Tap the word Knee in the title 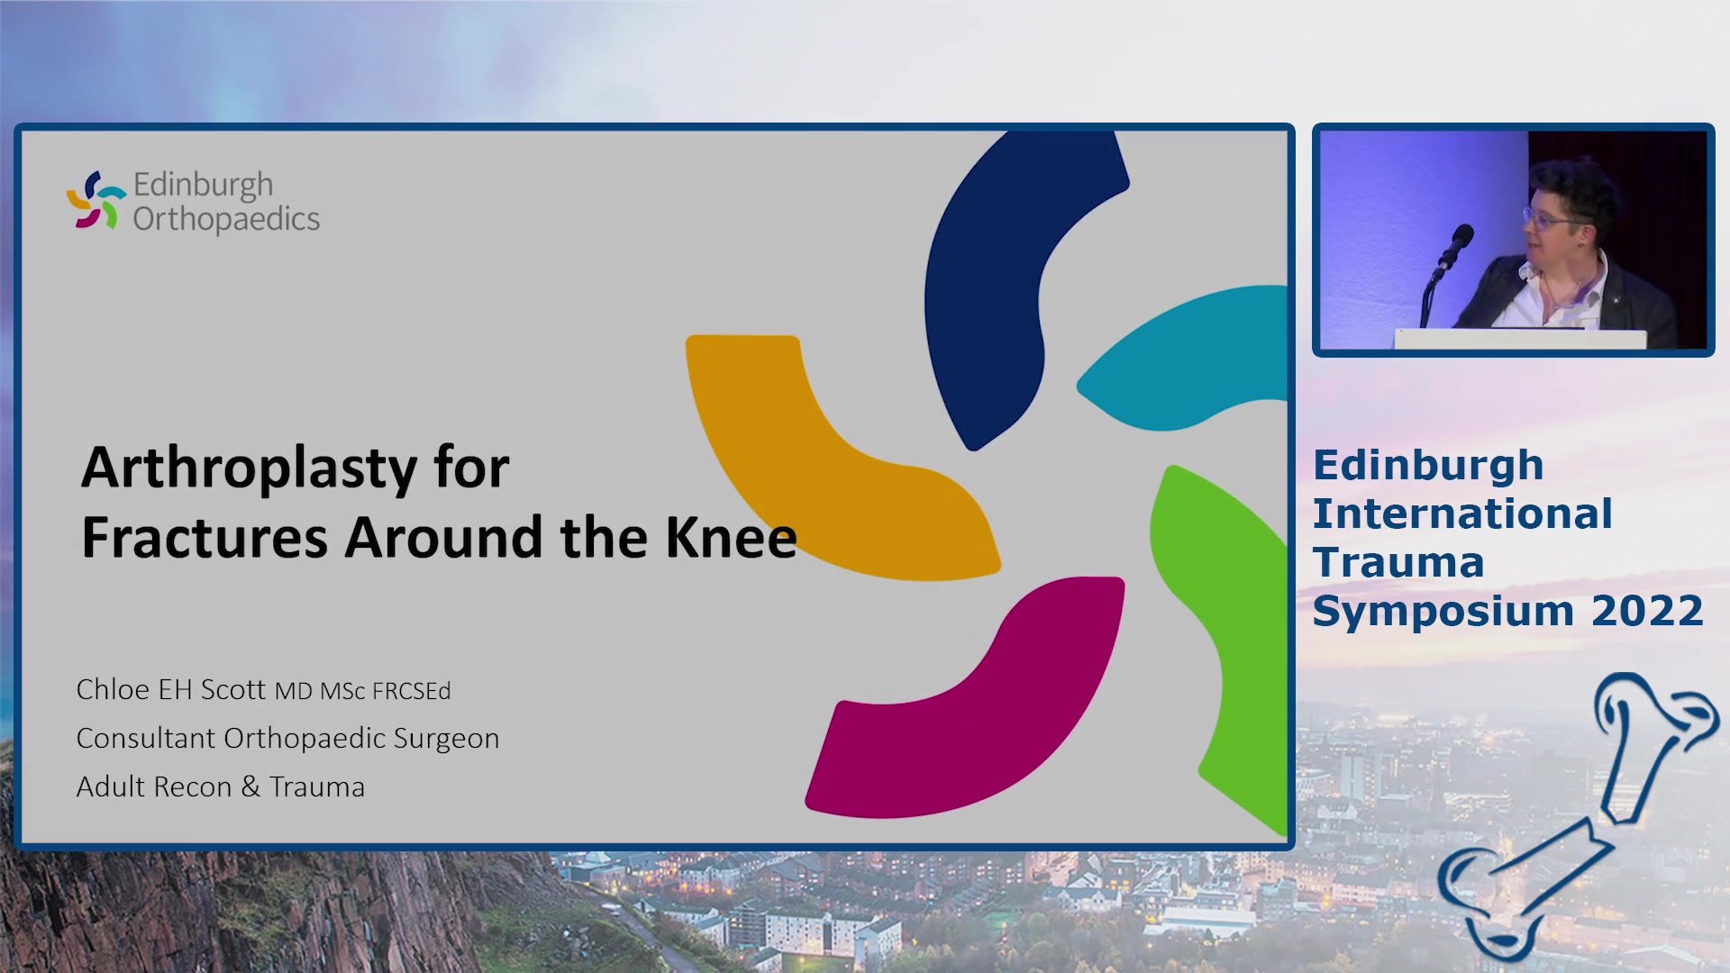731,537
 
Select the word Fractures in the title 205,537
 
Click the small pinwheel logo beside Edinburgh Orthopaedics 96,200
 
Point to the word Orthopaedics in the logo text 226,219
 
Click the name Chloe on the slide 113,689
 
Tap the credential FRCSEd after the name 412,691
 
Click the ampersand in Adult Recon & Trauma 250,787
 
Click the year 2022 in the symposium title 1647,611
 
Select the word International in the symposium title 1462,514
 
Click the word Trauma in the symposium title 1398,562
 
